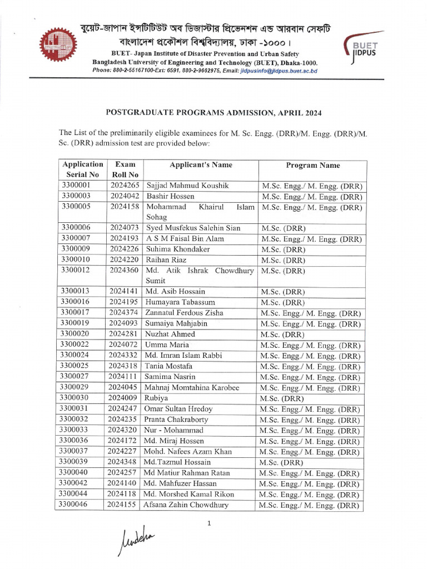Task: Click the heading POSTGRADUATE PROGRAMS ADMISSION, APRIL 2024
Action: coord(213,112)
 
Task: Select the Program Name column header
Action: coord(312,165)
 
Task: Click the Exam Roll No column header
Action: coord(125,169)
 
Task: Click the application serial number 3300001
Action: coord(76,186)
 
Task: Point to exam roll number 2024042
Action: coord(125,196)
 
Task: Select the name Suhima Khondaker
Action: coord(178,249)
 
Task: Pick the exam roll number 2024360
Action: coord(125,271)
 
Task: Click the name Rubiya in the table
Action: coord(157,398)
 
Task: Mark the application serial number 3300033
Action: coord(76,430)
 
